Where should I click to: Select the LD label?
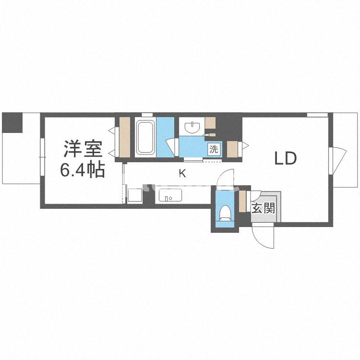(x=286, y=158)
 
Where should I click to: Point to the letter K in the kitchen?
(x=182, y=174)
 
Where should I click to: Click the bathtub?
(x=144, y=137)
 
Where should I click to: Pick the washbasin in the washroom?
(x=192, y=127)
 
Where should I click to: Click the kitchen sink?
(x=168, y=196)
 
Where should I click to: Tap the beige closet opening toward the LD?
(x=233, y=149)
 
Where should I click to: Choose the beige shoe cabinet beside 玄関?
(x=242, y=199)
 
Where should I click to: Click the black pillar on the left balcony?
(x=12, y=122)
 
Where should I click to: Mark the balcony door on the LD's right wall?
(x=337, y=158)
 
